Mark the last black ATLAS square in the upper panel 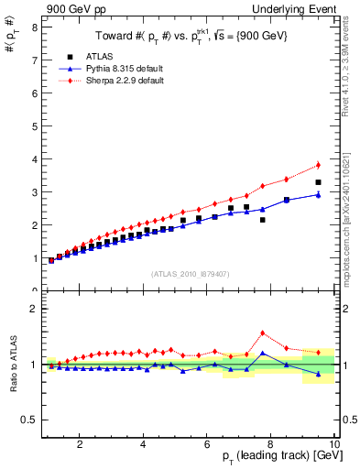coord(318,182)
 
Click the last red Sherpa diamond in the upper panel coord(318,165)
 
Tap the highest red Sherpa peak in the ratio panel coord(263,333)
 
